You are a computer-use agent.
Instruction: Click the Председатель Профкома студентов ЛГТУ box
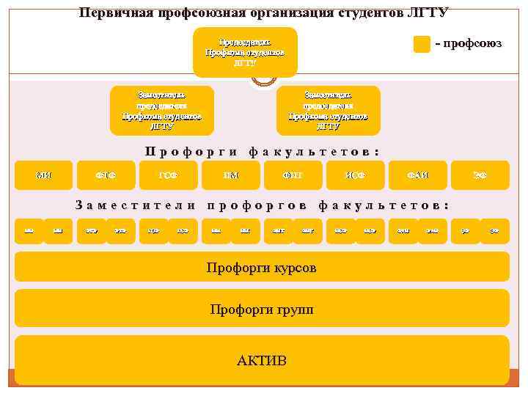245,52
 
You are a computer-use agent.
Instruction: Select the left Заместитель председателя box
161,111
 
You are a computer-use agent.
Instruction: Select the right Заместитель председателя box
328,111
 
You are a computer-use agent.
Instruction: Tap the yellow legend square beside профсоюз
422,44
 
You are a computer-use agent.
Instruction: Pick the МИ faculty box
44,175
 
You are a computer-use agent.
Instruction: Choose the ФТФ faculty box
106,175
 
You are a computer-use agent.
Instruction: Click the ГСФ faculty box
169,175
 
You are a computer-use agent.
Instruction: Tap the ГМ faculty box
231,175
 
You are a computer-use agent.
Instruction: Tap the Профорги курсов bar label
262,268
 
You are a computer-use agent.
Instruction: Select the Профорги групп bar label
262,309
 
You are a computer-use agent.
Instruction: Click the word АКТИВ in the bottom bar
262,361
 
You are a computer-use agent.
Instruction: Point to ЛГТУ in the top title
427,12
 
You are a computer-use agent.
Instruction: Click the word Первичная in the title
114,12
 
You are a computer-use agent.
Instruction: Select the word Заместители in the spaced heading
136,205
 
